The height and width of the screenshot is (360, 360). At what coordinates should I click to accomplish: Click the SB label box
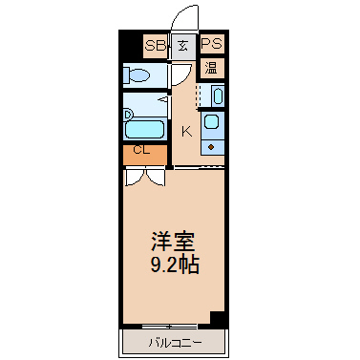156,46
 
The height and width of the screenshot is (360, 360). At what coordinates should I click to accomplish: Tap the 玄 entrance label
182,47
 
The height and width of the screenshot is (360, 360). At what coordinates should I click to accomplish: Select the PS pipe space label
212,44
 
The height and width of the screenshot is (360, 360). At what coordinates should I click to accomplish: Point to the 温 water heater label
212,68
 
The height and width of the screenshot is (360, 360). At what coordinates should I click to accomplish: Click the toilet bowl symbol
137,75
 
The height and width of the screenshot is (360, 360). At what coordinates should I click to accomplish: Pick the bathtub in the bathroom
144,129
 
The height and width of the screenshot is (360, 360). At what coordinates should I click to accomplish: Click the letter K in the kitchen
187,132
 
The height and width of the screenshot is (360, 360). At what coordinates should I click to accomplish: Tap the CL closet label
141,150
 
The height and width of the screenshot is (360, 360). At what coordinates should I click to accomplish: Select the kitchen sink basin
211,122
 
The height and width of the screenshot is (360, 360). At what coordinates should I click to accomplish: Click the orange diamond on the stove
211,147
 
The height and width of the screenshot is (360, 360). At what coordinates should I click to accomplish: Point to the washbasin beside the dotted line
218,95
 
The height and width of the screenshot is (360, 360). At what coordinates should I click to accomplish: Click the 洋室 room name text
173,242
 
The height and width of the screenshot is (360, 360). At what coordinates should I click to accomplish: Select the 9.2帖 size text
175,265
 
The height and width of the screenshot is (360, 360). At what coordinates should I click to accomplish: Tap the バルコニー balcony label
175,343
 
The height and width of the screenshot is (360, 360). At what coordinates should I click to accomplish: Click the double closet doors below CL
145,177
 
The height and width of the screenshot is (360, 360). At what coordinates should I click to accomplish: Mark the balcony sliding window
169,326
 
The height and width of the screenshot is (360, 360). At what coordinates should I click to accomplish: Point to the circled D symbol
128,115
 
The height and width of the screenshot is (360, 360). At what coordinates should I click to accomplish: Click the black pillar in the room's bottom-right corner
218,319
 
